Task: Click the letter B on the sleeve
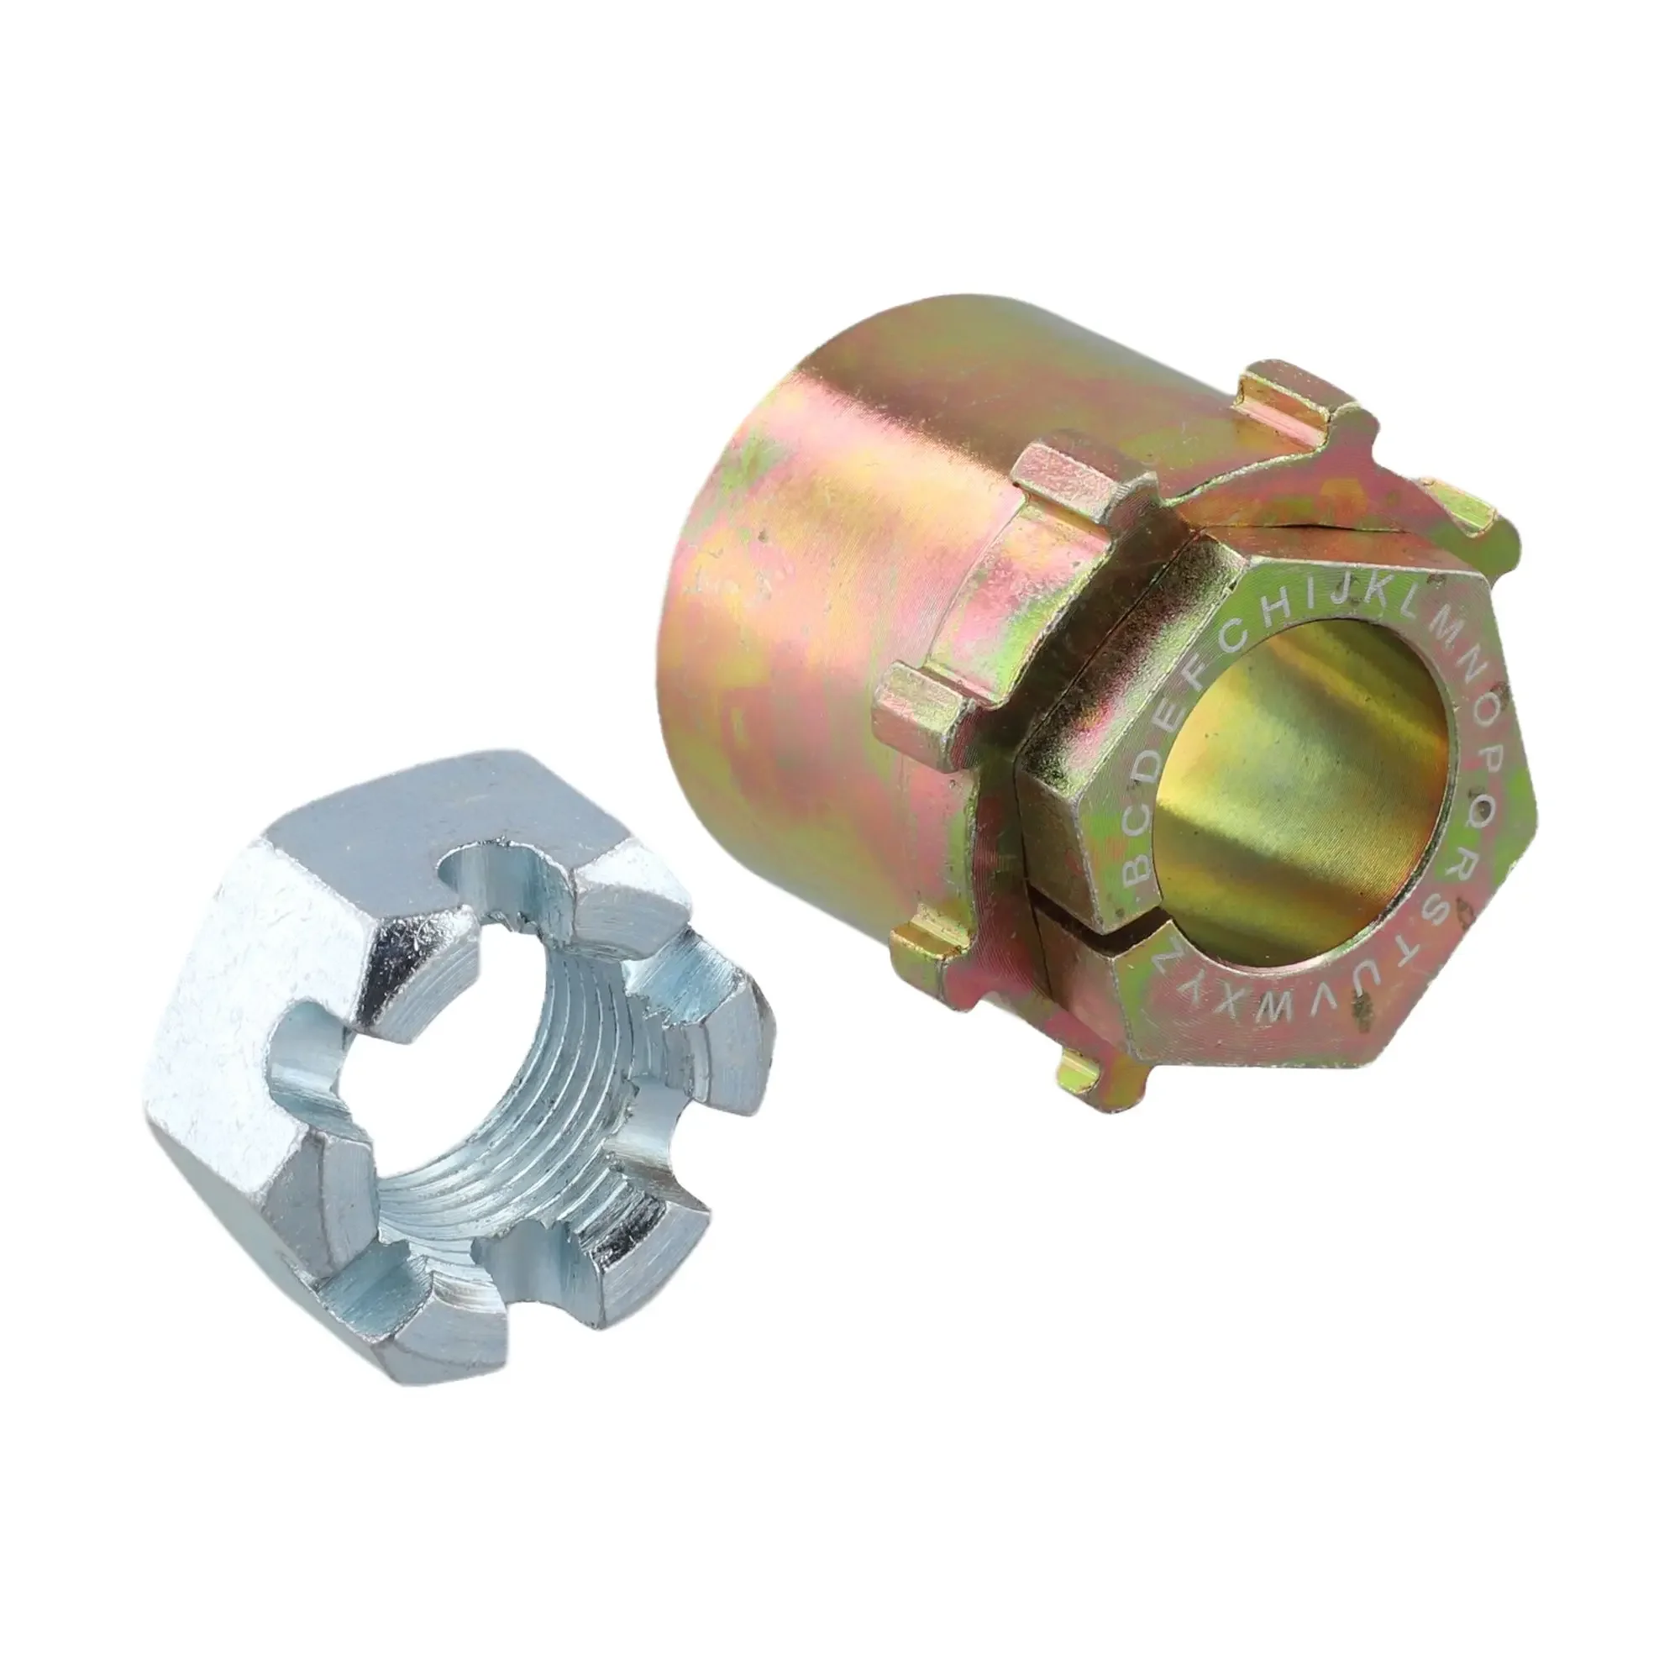coord(1136,870)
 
